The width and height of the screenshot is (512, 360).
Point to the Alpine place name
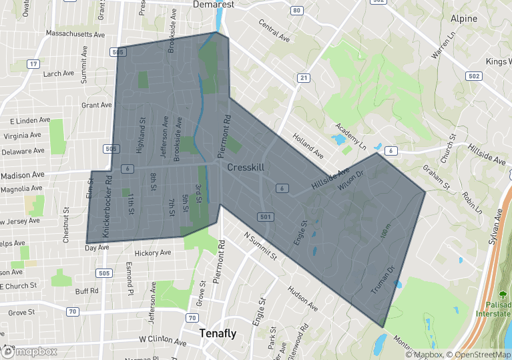tap(464, 19)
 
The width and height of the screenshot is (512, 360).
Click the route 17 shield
tap(32, 64)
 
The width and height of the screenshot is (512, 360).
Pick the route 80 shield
tap(297, 11)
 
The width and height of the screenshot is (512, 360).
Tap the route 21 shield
tap(304, 78)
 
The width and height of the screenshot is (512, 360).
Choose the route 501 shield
tap(265, 217)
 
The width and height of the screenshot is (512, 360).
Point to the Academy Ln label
tap(351, 136)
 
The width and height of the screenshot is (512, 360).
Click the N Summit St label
tap(260, 246)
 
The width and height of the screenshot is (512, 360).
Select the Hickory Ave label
tap(153, 254)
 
